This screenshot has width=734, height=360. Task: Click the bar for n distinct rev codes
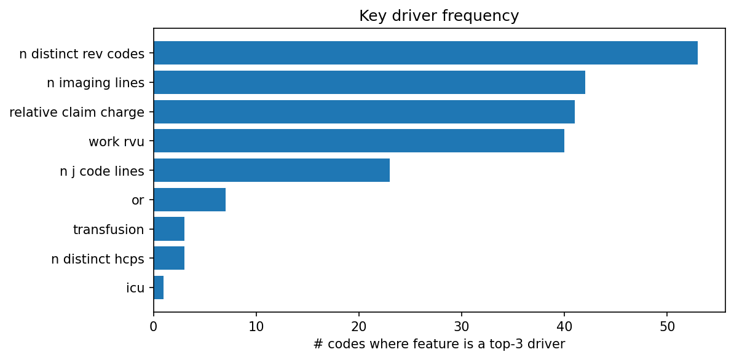click(425, 53)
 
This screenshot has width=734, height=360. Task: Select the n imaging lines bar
click(369, 82)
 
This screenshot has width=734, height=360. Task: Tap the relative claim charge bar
click(364, 112)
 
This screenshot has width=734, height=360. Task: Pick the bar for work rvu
click(359, 141)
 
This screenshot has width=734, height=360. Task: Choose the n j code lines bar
click(272, 170)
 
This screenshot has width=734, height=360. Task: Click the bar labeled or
click(189, 200)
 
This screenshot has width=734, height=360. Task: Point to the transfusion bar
click(169, 229)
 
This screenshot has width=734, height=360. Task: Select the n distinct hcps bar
click(169, 258)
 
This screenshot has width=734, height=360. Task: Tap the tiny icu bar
click(159, 288)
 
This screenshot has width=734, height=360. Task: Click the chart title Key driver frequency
click(439, 16)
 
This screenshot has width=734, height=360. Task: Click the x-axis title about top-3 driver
click(439, 344)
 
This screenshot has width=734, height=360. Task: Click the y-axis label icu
click(135, 288)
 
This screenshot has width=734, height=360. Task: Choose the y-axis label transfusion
click(108, 230)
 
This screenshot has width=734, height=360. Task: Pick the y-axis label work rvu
click(116, 142)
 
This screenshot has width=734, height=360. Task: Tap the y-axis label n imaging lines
click(95, 83)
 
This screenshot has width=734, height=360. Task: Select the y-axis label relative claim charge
click(77, 112)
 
